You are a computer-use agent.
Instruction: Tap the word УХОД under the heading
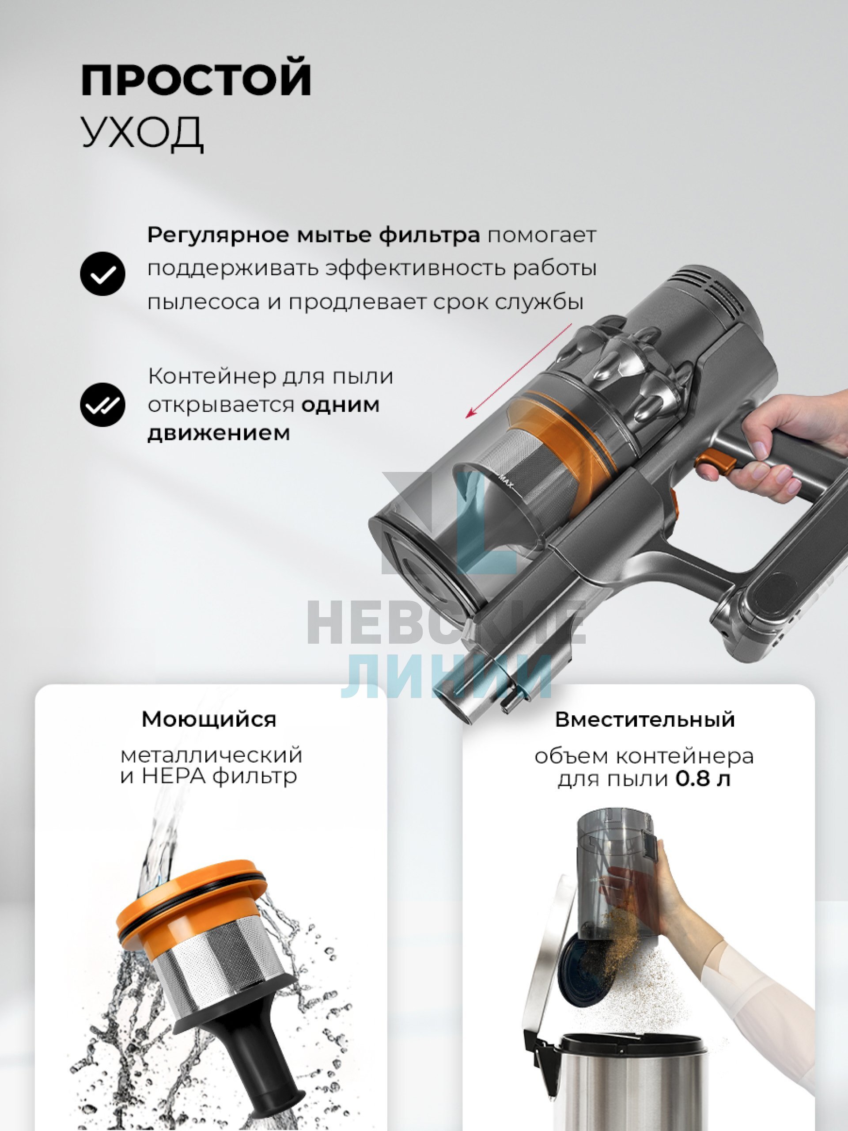pyautogui.click(x=143, y=132)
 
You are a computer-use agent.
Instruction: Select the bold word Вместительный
pyautogui.click(x=645, y=719)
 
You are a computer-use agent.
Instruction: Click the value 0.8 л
pyautogui.click(x=703, y=779)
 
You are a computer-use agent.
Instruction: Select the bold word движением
pyautogui.click(x=219, y=433)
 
